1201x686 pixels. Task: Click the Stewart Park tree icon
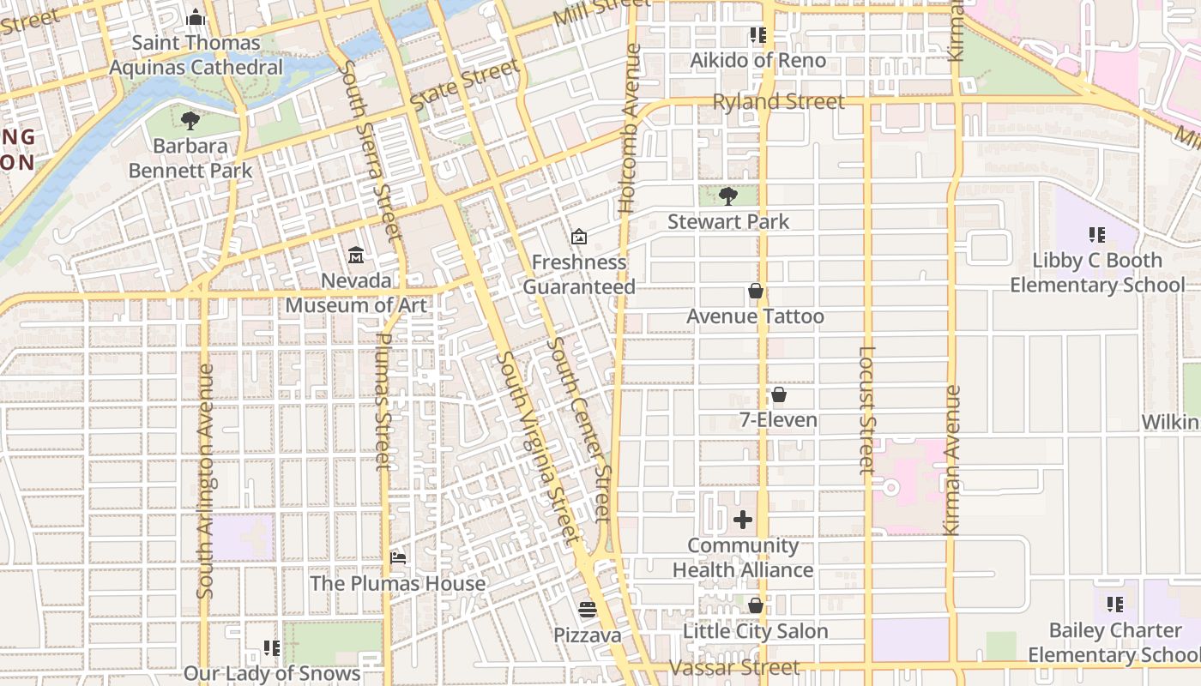[728, 196]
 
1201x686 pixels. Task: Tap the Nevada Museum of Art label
[356, 293]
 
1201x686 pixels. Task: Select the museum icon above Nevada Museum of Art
[356, 255]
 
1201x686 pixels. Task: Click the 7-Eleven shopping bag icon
[779, 395]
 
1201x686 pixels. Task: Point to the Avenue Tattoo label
[755, 316]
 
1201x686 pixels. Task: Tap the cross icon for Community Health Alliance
[743, 520]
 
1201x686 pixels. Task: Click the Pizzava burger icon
[588, 610]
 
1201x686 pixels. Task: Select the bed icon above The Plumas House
[398, 557]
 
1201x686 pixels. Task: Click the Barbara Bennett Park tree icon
[190, 121]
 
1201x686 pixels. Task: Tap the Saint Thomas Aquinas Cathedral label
[196, 55]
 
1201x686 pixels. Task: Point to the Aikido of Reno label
[758, 61]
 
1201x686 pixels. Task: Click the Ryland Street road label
[779, 102]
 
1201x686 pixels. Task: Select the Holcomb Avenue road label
[630, 129]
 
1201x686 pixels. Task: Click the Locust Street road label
[866, 410]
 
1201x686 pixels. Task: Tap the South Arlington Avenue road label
[205, 480]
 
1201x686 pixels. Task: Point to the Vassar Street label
[734, 667]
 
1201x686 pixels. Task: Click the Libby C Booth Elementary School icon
[1096, 234]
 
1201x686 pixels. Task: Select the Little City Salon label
[755, 632]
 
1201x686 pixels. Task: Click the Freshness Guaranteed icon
[579, 236]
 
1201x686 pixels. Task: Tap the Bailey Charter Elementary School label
[1114, 642]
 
